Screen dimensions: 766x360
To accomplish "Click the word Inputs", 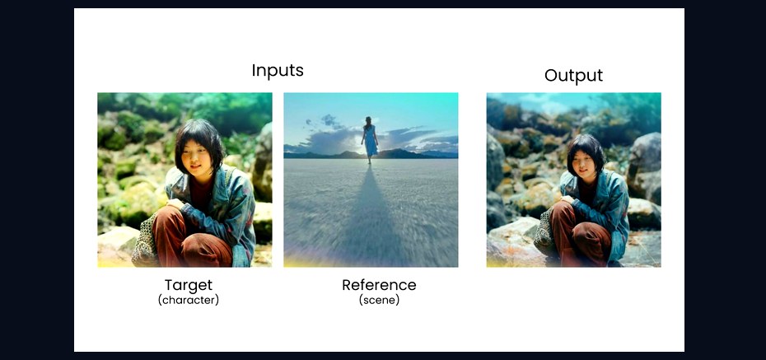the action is [278, 71].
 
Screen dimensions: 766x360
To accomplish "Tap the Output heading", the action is [573, 76].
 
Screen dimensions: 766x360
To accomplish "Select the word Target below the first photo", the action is [189, 285].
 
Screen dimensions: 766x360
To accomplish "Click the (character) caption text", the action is [189, 300].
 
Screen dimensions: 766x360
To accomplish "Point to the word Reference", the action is [379, 285].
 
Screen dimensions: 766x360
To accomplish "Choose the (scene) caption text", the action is [379, 300].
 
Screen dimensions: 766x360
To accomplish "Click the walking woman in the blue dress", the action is [370, 140].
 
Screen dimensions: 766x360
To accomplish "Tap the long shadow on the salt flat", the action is [369, 215].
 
